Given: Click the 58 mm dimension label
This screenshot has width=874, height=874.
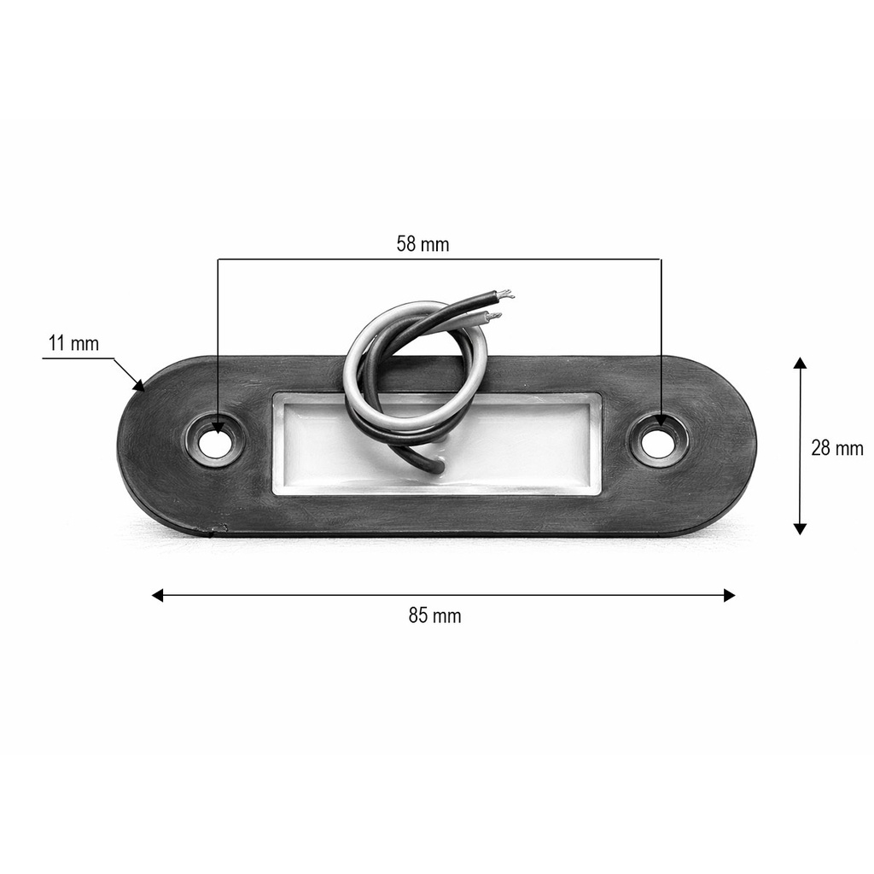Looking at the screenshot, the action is (422, 244).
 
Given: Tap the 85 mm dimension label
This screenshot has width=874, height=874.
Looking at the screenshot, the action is (434, 615).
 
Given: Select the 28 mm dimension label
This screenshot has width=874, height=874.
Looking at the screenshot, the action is (836, 447).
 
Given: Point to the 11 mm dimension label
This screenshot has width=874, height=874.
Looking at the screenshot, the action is (73, 343).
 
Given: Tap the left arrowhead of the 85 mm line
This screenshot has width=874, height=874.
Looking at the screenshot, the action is (158, 595).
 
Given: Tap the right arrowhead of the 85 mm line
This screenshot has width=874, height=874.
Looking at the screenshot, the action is (729, 595).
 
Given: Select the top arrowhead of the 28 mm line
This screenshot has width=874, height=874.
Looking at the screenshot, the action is (800, 363).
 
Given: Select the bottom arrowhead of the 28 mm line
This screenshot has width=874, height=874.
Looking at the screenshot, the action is (800, 528).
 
